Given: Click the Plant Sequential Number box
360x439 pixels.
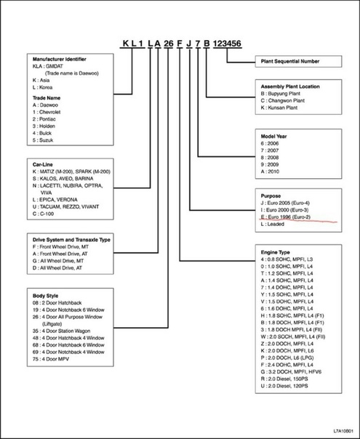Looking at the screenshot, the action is (298, 61).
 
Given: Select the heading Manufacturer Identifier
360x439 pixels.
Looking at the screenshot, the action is (60, 59).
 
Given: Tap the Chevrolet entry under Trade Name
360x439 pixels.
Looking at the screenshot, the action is (47, 112).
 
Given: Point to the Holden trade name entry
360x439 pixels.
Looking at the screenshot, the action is (44, 126).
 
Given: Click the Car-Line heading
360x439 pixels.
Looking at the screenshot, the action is (43, 164).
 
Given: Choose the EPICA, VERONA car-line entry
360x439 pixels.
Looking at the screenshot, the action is (55, 200).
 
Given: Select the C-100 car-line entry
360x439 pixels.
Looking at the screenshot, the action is (43, 214).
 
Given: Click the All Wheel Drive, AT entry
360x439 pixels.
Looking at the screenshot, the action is (57, 267).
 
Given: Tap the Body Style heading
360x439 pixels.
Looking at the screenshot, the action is (45, 296).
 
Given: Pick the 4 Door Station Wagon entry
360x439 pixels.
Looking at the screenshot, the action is (61, 331).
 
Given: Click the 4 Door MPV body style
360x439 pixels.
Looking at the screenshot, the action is (51, 359).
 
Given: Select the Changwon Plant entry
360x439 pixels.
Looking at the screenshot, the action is (283, 100).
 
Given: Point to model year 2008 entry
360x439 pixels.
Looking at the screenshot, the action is (270, 157).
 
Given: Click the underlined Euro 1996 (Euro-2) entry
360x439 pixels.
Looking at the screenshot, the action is (286, 217).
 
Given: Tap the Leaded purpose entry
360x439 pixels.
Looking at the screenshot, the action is (272, 224).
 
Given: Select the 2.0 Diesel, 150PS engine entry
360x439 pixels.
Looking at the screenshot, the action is (284, 379).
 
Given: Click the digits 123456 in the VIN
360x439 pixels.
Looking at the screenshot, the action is (227, 44).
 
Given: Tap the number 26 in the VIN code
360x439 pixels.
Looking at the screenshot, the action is (169, 44).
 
